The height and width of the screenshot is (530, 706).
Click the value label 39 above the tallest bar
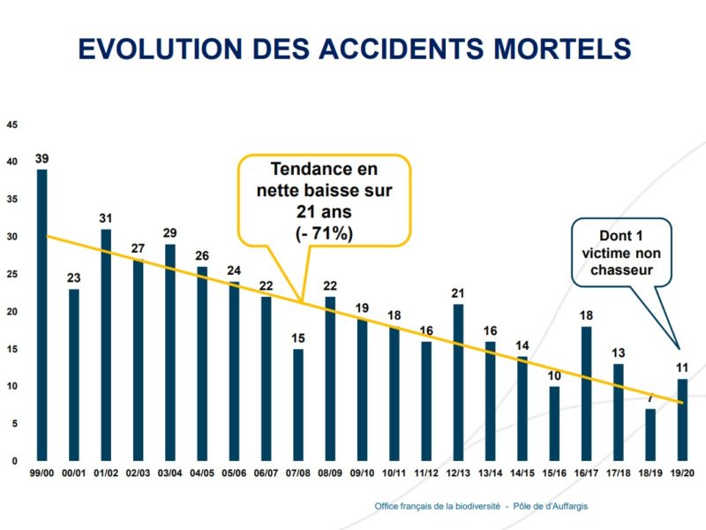pyautogui.click(x=41, y=159)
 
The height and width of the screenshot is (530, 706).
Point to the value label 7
pyautogui.click(x=650, y=398)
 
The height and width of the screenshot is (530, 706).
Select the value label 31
pyautogui.click(x=106, y=219)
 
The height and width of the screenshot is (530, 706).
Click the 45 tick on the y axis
pyautogui.click(x=11, y=125)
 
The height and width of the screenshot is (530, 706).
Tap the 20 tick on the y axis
pyautogui.click(x=11, y=312)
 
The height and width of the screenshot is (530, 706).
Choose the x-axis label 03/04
pyautogui.click(x=170, y=475)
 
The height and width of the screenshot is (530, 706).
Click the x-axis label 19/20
pyautogui.click(x=682, y=475)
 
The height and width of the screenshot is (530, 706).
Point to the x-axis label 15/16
pyautogui.click(x=554, y=475)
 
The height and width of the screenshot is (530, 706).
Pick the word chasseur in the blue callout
pyautogui.click(x=621, y=270)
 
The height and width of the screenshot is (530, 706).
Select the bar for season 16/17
pyautogui.click(x=586, y=394)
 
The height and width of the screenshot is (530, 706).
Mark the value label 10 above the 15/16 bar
pyautogui.click(x=554, y=376)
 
